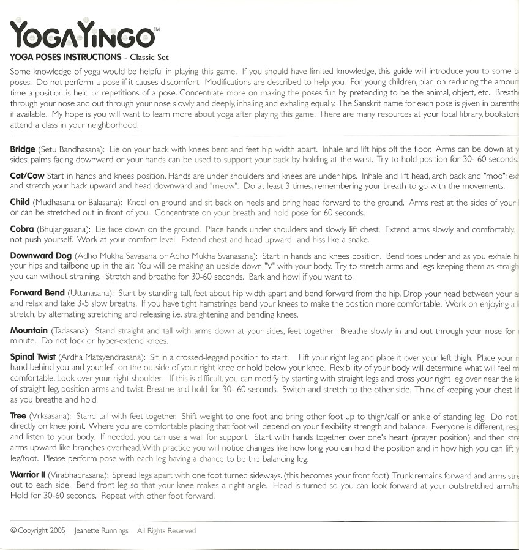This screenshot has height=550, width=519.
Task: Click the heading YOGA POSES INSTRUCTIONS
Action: pos(65,58)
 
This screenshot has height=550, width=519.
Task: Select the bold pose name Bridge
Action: pos(23,149)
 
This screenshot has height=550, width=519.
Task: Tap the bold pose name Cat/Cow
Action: pos(26,176)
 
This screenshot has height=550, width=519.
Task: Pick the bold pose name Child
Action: pos(20,203)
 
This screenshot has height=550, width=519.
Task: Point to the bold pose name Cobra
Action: pos(22,229)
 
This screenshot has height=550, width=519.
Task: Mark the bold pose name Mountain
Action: pos(29,330)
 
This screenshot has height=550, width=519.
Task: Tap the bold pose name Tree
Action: pos(18,417)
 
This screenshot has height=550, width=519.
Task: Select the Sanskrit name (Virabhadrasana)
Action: pos(76,475)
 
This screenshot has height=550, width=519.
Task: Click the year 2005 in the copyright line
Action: pos(57,531)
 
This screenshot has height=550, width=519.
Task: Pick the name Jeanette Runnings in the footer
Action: pos(101,531)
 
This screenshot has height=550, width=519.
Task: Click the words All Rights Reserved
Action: pos(166,531)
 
